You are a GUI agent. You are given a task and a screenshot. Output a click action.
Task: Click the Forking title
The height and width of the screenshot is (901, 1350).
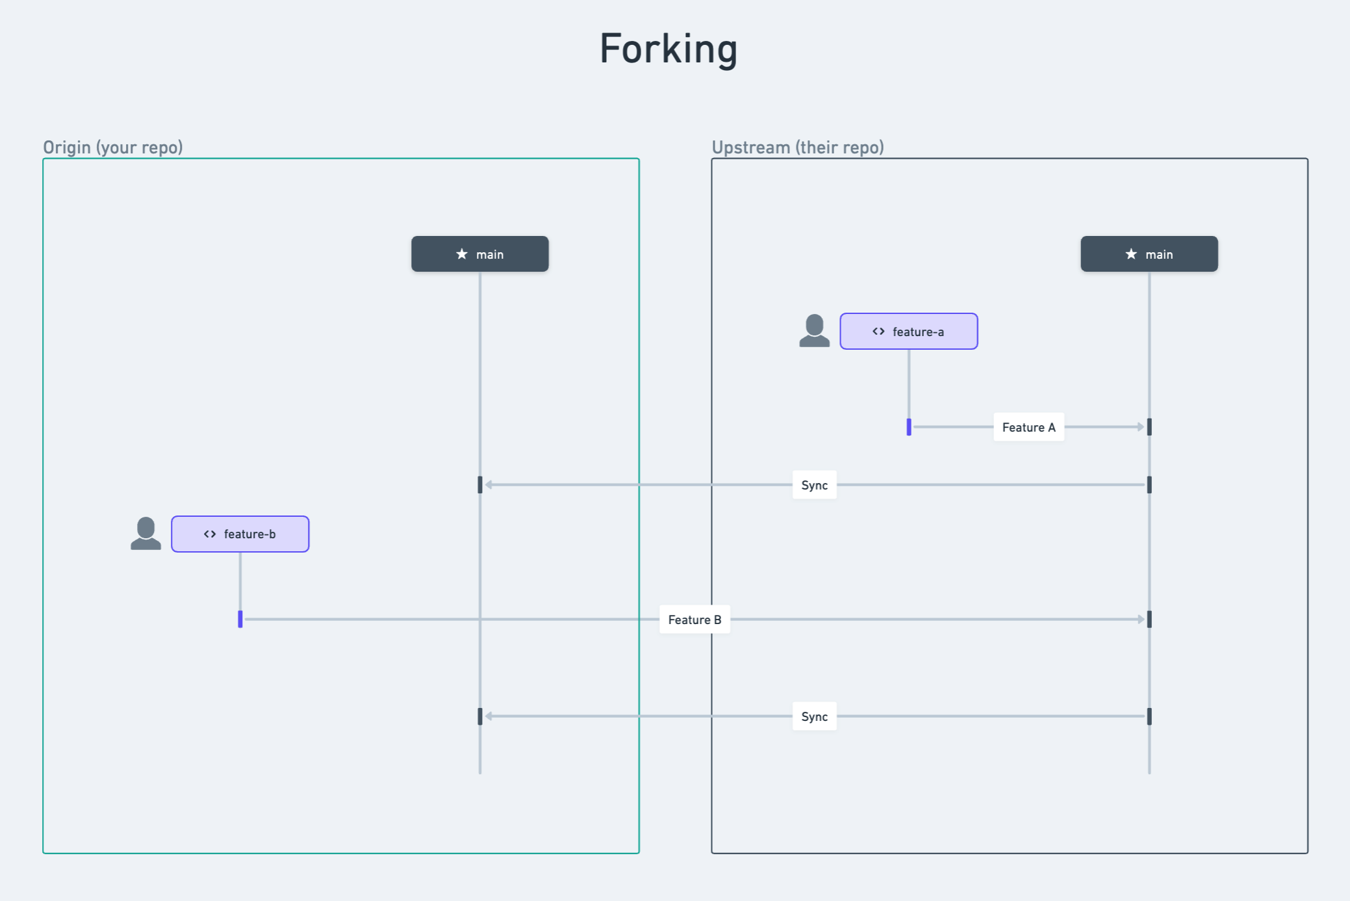[x=668, y=49]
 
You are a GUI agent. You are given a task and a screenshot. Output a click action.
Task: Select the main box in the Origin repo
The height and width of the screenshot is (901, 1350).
[x=479, y=254]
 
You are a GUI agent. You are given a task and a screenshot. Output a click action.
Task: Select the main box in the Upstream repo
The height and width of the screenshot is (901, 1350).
[x=1149, y=254]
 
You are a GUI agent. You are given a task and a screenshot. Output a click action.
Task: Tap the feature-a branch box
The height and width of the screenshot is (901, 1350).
[x=908, y=332]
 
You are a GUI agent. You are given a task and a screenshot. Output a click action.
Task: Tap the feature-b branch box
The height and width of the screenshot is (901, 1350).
[x=240, y=534]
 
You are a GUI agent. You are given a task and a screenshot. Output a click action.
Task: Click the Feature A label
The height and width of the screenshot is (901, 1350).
[x=1028, y=427]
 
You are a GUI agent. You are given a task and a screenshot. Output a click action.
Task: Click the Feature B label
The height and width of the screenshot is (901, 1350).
[x=694, y=620]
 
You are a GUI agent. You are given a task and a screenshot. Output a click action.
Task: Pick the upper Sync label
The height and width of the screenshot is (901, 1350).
[x=814, y=485]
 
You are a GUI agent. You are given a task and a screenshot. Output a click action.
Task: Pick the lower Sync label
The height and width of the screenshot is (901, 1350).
[x=814, y=716]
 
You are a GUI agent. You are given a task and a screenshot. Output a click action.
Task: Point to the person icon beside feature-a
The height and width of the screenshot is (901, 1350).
[x=814, y=331]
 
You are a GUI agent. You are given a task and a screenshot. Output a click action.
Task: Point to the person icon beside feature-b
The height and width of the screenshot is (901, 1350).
[x=146, y=534]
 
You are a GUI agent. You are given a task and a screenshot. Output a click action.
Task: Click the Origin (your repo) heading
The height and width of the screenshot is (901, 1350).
[x=113, y=148]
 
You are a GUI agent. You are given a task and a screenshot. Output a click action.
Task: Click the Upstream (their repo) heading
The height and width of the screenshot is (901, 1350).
[x=798, y=148]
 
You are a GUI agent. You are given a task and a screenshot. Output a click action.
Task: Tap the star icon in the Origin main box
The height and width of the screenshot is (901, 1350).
[x=462, y=254]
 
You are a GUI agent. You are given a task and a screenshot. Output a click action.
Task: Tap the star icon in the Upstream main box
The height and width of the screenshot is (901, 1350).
[x=1131, y=254]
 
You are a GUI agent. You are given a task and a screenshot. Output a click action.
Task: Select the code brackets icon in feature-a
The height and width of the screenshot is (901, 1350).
[x=878, y=332]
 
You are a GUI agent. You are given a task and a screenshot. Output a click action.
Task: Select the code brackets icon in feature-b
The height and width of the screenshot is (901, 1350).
[x=210, y=534]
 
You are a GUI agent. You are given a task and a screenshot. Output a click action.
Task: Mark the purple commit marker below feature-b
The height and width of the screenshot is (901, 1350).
[x=240, y=620]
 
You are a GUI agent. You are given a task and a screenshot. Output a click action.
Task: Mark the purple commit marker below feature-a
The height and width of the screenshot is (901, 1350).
[x=909, y=427]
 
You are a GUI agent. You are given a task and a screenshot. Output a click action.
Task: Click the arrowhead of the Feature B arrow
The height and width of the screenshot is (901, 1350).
[x=1141, y=620]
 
